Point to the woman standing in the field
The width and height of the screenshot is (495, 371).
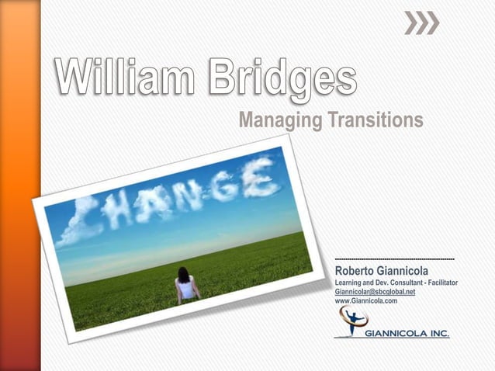tap(186, 284)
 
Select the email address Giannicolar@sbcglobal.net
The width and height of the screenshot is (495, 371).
tap(375, 291)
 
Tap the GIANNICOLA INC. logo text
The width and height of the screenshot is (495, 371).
tap(407, 333)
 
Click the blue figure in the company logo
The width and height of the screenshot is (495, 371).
tap(356, 321)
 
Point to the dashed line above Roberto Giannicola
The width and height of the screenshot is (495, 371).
tap(394, 258)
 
